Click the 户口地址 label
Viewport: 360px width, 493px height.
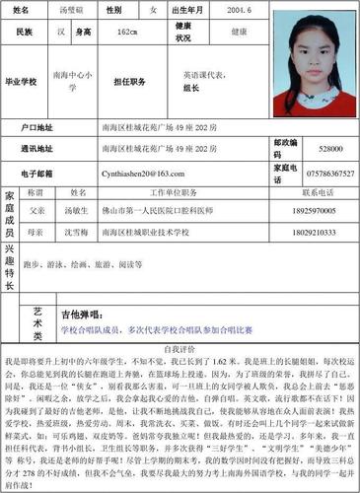[x=38, y=128]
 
